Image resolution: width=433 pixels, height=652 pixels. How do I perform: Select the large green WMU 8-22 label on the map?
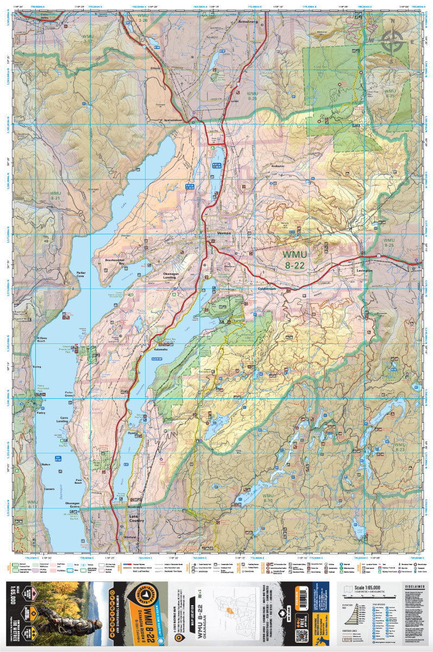tap(294, 260)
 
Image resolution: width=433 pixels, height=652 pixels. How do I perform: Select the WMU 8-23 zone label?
tap(400, 447)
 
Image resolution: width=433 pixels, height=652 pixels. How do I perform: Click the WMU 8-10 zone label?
tap(267, 499)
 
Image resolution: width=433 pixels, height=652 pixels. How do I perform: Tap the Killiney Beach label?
tap(45, 339)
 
